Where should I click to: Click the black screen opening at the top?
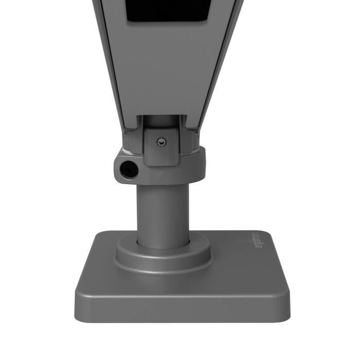[x=167, y=10]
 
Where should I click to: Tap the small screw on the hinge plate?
[x=161, y=141]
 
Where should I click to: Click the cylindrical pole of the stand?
[x=162, y=211]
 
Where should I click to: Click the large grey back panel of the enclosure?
[x=165, y=67]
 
